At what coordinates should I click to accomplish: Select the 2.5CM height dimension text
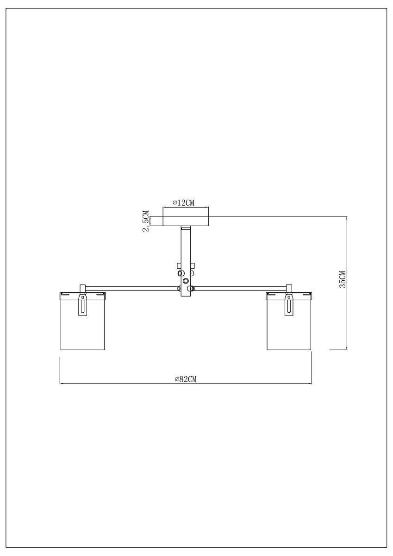(146, 221)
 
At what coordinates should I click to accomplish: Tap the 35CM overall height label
(343, 279)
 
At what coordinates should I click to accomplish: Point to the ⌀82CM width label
(186, 379)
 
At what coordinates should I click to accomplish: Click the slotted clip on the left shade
(83, 306)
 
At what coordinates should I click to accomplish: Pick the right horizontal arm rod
(241, 288)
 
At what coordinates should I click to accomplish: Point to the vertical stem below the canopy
(186, 250)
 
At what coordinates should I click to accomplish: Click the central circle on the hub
(186, 281)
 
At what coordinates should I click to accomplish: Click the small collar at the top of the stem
(186, 228)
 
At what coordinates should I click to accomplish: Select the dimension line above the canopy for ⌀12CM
(186, 207)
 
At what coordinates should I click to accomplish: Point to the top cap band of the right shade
(289, 294)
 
